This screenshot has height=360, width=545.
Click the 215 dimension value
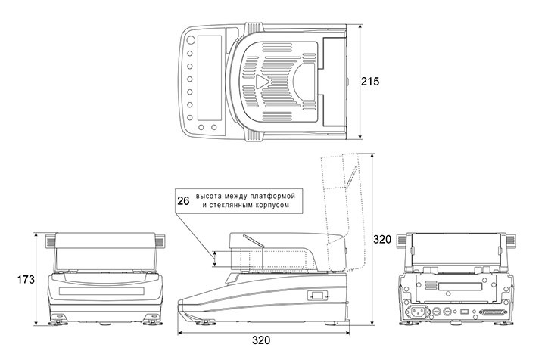pos(370,82)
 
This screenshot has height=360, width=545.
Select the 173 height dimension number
pos(26,280)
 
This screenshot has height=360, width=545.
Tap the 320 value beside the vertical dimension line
pos(382,239)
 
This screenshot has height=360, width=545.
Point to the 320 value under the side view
pos(261,340)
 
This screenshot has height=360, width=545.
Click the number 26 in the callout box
pos(183,200)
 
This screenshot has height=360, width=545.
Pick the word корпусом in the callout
pos(272,205)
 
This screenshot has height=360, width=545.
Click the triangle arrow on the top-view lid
pos(262,82)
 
